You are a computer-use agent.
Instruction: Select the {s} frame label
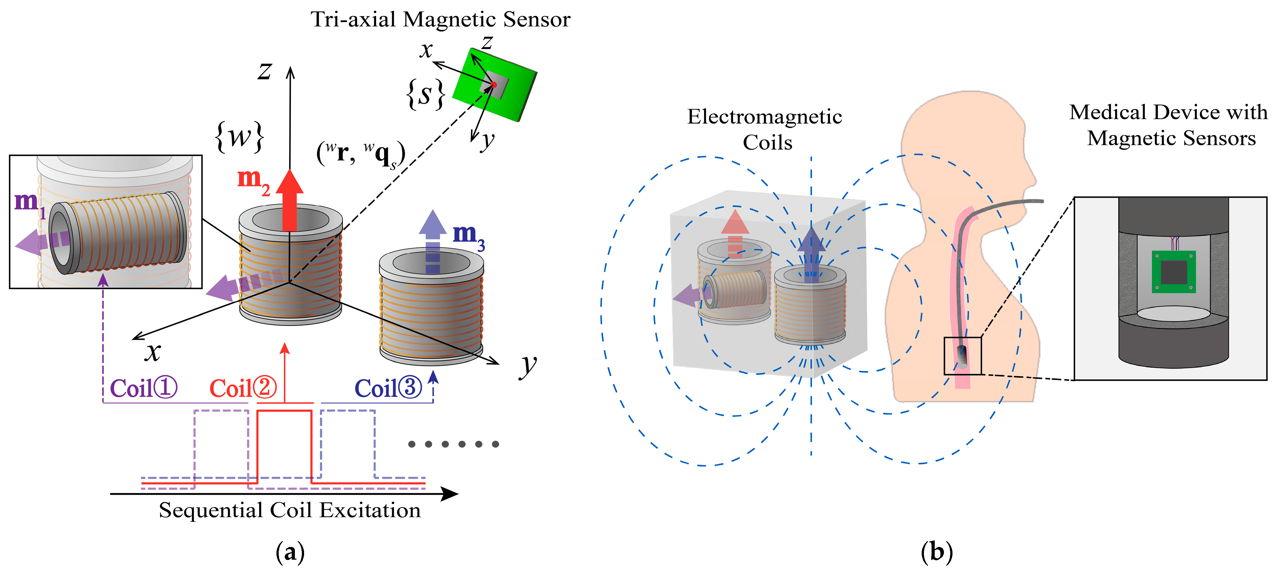coord(425,94)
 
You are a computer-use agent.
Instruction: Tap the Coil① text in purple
coord(143,388)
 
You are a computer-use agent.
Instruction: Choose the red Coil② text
coord(243,388)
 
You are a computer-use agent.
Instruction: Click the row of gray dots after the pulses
coord(453,444)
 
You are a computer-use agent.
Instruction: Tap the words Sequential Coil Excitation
coord(290,510)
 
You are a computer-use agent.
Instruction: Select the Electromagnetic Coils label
coord(765,129)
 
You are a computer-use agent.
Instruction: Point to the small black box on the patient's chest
coord(963,356)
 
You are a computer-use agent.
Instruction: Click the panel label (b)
coord(936,552)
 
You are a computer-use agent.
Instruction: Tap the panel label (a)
coord(290,552)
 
